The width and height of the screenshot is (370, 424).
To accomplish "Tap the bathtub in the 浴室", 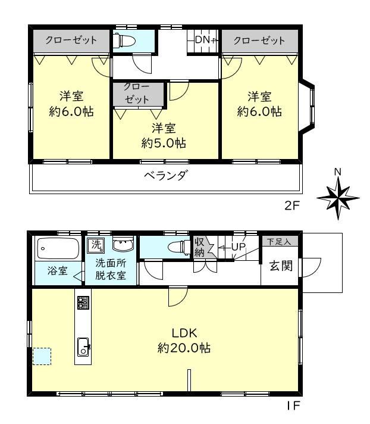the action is (x=58, y=248).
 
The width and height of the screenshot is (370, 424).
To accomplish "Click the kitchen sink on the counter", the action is (x=83, y=347).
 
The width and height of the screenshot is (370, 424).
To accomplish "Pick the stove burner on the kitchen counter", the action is (x=83, y=303).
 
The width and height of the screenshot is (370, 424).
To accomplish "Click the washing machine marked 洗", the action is (x=96, y=245).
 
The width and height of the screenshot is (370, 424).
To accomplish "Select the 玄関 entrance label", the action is (x=281, y=266).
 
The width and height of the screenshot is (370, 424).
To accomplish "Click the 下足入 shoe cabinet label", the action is (x=279, y=241).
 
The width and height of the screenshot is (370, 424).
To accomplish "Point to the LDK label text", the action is (x=184, y=333).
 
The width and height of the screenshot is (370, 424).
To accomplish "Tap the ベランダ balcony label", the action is (x=165, y=176).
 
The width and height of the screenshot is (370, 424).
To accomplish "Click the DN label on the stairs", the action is (x=203, y=40).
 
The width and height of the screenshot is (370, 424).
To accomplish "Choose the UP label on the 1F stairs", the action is (x=238, y=247).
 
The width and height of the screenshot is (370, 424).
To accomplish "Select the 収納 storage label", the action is (x=199, y=247).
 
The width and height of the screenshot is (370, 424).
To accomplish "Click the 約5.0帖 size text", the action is (x=164, y=143).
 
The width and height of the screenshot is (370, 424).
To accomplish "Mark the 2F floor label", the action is (x=292, y=206).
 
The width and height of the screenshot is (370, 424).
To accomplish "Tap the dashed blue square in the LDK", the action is (x=42, y=356).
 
